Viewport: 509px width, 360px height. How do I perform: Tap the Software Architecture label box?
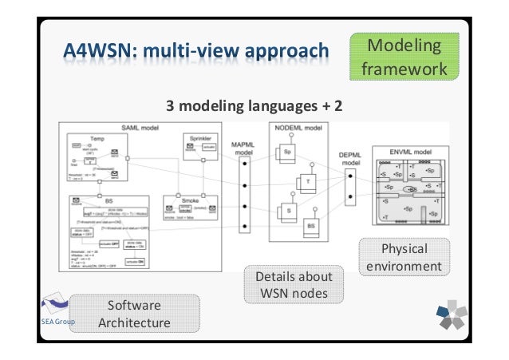point(134,315)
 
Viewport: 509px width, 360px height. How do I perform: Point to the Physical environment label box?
point(404,256)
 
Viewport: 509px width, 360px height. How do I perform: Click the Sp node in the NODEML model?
point(285,152)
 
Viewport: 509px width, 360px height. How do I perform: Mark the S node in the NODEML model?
point(285,212)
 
